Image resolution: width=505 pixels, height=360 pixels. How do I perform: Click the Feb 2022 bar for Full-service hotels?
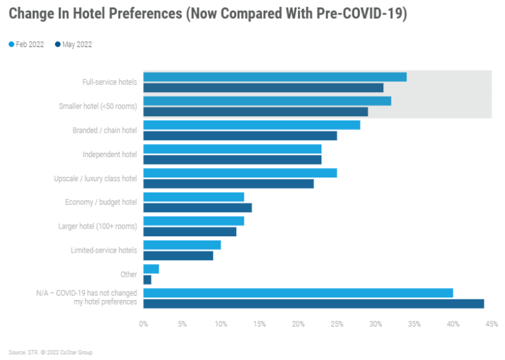coord(275,77)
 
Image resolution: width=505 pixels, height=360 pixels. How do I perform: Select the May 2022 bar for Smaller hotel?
coord(256,112)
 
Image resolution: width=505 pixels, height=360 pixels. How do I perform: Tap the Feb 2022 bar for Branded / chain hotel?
coord(252,125)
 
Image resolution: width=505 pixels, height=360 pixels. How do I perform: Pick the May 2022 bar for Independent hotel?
coord(232,160)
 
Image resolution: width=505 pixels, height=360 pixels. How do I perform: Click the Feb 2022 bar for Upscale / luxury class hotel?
coord(240,173)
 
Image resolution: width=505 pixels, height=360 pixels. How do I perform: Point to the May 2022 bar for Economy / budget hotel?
coord(198,207)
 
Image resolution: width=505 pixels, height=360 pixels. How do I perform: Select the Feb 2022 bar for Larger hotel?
coord(194,221)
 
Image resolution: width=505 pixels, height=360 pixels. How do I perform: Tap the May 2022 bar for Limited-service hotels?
coord(178,256)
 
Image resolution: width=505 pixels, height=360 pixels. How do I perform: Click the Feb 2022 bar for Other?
coord(151,269)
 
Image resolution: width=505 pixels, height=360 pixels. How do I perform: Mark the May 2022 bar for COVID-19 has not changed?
coord(314,304)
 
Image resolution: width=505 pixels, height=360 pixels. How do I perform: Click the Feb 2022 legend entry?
coord(27,44)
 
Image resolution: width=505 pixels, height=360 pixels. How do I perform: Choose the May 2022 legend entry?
coord(74,44)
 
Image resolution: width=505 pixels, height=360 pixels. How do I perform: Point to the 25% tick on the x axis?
coord(337,324)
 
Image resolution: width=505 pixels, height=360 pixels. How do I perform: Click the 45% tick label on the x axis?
coord(492,324)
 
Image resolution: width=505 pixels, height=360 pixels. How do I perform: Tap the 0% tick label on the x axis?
coord(143,324)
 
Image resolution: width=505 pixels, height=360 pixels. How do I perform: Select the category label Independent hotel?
coord(110,154)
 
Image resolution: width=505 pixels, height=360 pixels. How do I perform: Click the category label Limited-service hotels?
coord(104,250)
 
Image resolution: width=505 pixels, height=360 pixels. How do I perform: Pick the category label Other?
coord(128,274)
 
